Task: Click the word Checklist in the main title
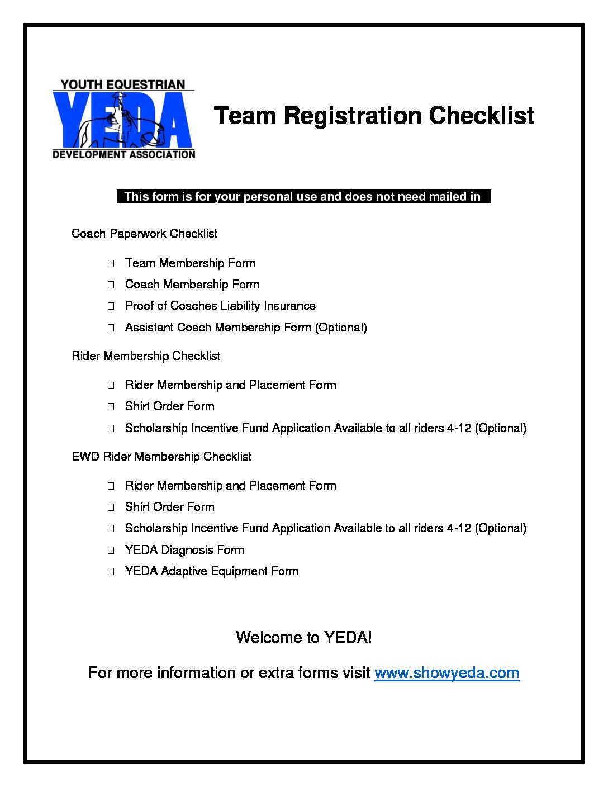(x=482, y=116)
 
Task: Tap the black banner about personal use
(x=303, y=196)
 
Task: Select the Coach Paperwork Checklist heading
(x=144, y=234)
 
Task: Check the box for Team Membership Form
(x=111, y=263)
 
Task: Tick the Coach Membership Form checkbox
(x=111, y=285)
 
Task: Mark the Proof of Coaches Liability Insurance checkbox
(x=111, y=306)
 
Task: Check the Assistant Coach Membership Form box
(x=111, y=328)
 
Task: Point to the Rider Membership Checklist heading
(x=146, y=356)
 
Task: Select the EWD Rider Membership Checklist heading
(x=161, y=457)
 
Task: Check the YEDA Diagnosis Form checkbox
(x=111, y=550)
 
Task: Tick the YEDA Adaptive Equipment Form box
(x=111, y=571)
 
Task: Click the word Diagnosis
(x=187, y=550)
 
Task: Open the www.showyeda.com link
(x=446, y=672)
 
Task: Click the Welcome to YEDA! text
(x=304, y=637)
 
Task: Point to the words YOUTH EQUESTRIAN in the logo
(x=123, y=85)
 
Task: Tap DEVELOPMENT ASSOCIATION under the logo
(x=123, y=154)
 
